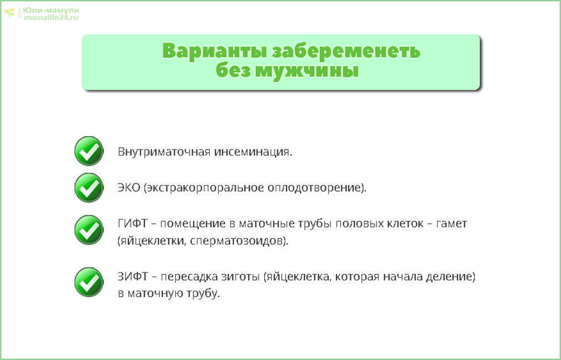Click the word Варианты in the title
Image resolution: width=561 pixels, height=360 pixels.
[215, 51]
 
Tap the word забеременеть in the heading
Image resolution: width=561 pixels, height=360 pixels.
[346, 51]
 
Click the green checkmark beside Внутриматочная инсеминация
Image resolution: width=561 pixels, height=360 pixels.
[89, 151]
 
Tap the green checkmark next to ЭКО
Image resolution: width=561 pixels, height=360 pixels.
[89, 188]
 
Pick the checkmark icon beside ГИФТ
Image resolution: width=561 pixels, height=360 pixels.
[89, 230]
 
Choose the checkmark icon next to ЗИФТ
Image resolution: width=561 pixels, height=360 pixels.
[89, 282]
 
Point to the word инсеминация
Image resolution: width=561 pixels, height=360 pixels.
[253, 152]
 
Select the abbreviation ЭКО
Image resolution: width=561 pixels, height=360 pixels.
[129, 188]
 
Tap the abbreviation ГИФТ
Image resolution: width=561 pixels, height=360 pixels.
[132, 223]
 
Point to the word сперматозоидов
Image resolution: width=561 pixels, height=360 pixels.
[237, 241]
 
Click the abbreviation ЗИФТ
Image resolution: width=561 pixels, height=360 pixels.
[133, 277]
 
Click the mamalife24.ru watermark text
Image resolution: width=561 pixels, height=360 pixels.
[51, 17]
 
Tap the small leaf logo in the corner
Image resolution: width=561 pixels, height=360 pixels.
[9, 13]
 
